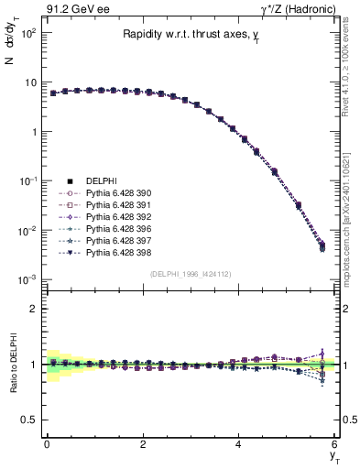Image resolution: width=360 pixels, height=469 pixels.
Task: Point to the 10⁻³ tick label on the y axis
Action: click(28, 278)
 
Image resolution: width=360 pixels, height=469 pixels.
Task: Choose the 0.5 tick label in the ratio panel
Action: click(28, 420)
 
